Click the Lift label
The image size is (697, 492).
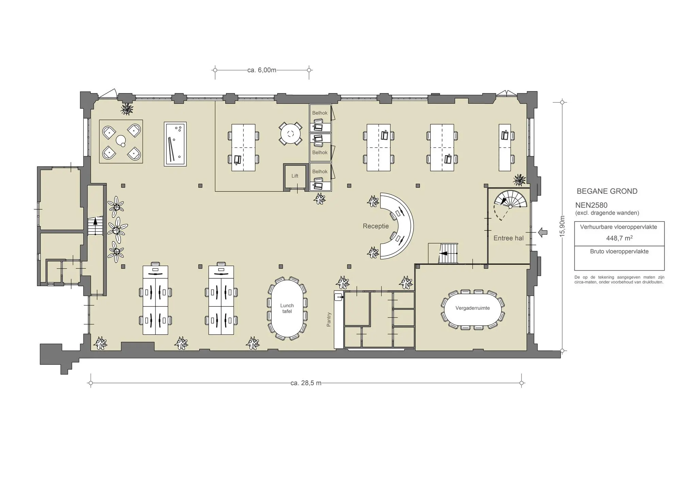(295, 176)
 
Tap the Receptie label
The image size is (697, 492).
(376, 226)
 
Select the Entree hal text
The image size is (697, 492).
(508, 238)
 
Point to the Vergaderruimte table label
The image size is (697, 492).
(472, 308)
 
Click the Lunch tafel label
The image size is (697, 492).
(287, 309)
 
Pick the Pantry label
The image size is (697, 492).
(329, 319)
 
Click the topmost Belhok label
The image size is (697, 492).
(320, 113)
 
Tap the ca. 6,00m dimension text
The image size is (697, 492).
(262, 70)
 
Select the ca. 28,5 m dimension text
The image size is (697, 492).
(306, 383)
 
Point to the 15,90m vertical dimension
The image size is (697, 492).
(562, 226)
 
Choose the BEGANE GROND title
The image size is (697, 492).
(607, 191)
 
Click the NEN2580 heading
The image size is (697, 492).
(591, 205)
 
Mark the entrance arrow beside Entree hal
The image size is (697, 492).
(543, 232)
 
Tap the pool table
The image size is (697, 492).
(175, 144)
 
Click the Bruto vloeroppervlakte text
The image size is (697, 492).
(619, 252)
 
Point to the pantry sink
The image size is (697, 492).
(339, 297)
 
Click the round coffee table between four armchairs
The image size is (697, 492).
(121, 140)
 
